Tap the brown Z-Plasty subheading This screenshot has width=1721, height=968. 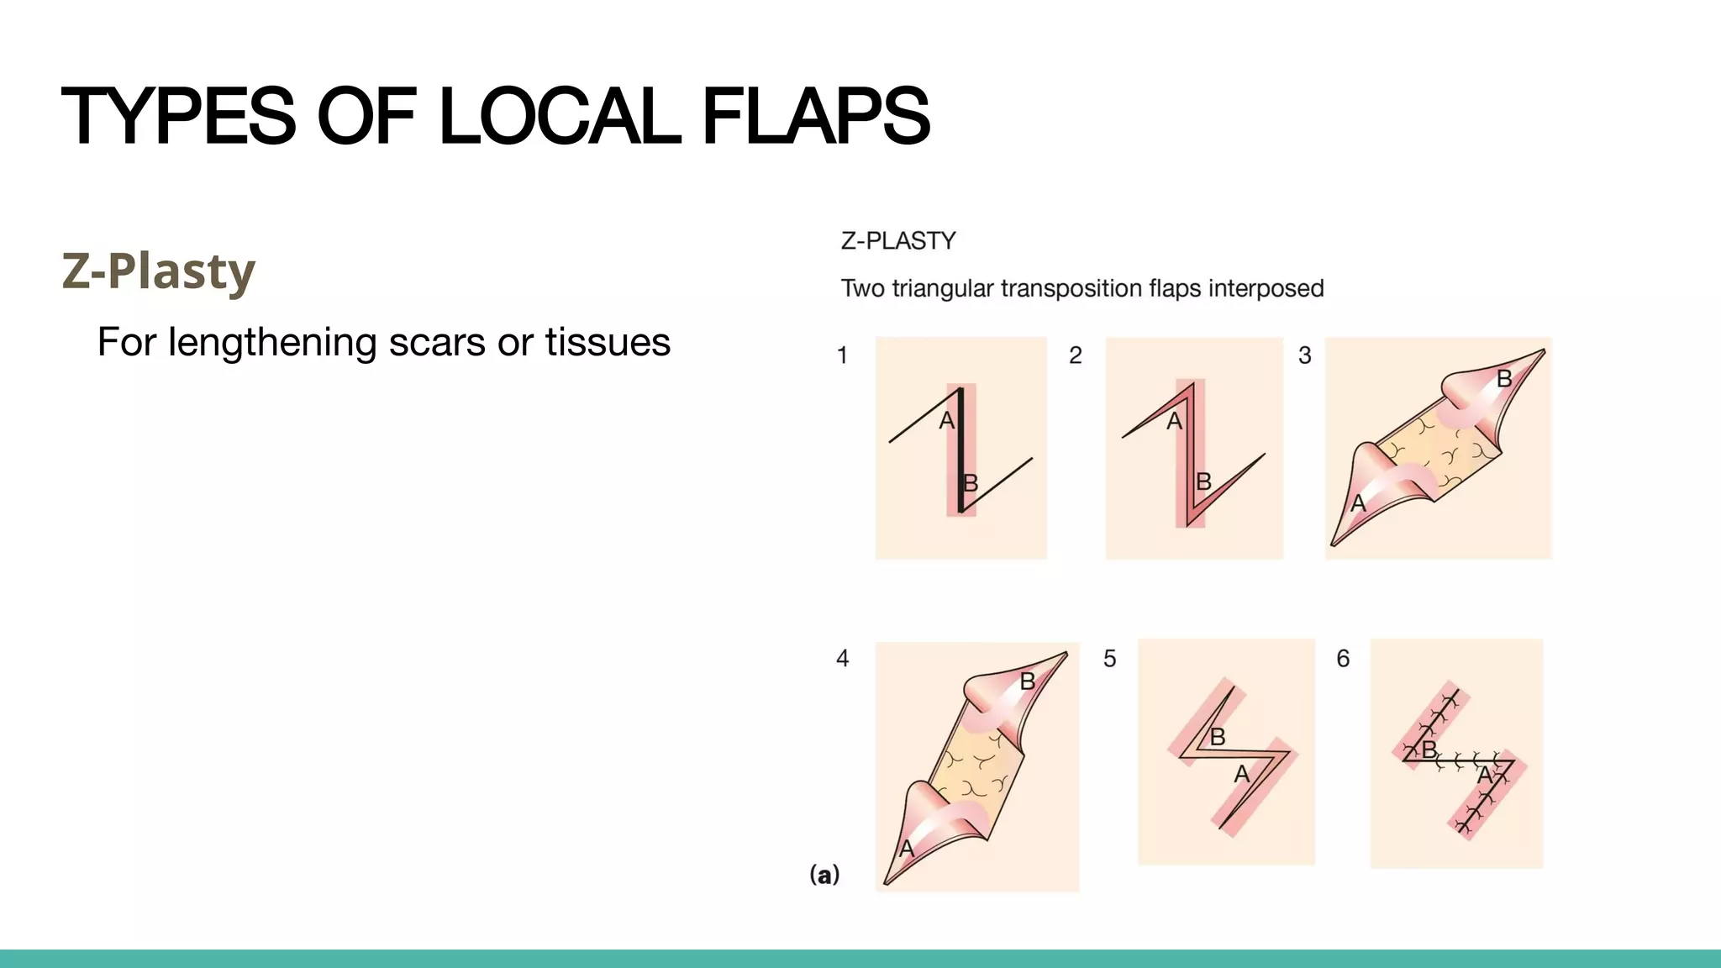pos(158,271)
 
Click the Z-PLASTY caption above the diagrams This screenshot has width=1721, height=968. pos(898,241)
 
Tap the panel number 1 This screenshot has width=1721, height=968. pos(842,355)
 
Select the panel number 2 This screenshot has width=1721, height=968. pos(1075,355)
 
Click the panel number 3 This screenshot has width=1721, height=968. pos(1304,355)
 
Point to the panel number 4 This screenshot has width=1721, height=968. pos(842,658)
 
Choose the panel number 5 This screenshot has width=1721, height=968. pos(1109,659)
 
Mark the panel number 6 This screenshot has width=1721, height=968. pos(1343,659)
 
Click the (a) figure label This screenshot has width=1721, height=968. pos(824,875)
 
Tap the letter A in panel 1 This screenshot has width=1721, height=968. pos(946,421)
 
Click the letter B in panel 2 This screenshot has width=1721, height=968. pos(1203,481)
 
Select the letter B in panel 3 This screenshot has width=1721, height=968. pos(1504,379)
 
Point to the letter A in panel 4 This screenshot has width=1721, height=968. pos(906,849)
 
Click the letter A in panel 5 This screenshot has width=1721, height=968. pos(1241,774)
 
